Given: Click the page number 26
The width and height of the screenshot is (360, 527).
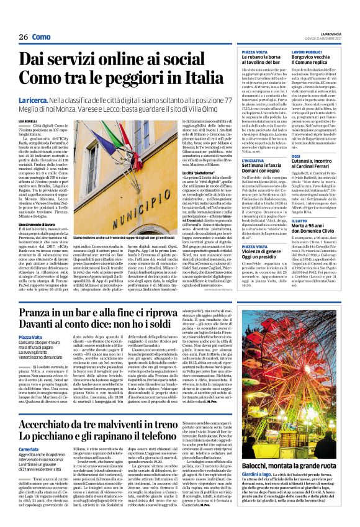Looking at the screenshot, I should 24,37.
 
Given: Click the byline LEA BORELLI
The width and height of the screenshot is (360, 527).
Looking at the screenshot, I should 27,119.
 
